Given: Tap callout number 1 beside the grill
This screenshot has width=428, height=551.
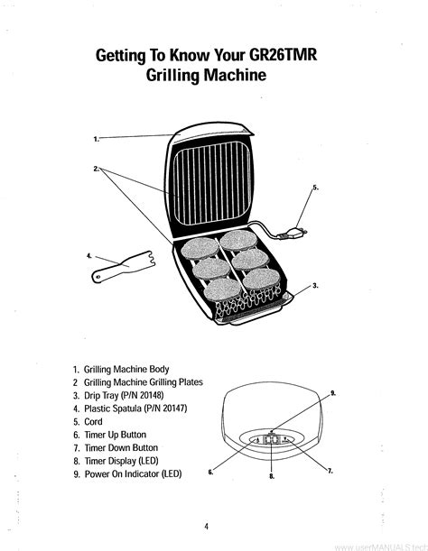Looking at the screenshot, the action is [x=97, y=139].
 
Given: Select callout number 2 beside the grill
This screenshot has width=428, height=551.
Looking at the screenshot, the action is [x=97, y=169].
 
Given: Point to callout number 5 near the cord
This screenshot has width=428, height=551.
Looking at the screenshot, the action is [x=316, y=188].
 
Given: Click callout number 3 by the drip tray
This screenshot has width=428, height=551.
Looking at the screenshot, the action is [x=316, y=286].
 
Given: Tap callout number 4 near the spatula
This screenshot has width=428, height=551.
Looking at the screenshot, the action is [x=89, y=256].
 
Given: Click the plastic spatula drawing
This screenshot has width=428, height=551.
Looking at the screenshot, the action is [x=124, y=267].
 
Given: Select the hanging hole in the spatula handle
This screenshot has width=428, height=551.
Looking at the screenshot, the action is [x=98, y=277].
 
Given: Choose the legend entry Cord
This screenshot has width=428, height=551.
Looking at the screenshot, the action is [x=93, y=422].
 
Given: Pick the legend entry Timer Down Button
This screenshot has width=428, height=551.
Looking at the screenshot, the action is [x=121, y=447].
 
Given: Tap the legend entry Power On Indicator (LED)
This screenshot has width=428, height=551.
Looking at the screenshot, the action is [x=133, y=474].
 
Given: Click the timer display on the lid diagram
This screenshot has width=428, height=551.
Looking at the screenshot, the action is [x=272, y=439].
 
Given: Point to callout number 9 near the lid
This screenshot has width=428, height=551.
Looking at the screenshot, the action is [x=332, y=393].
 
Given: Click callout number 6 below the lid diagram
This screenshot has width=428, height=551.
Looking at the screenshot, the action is [x=210, y=473].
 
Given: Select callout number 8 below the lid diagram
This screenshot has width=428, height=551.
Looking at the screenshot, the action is [x=272, y=476].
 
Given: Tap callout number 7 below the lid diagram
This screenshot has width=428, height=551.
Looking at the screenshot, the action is [x=330, y=472].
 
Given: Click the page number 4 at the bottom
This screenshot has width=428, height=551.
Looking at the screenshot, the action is [x=206, y=526].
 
